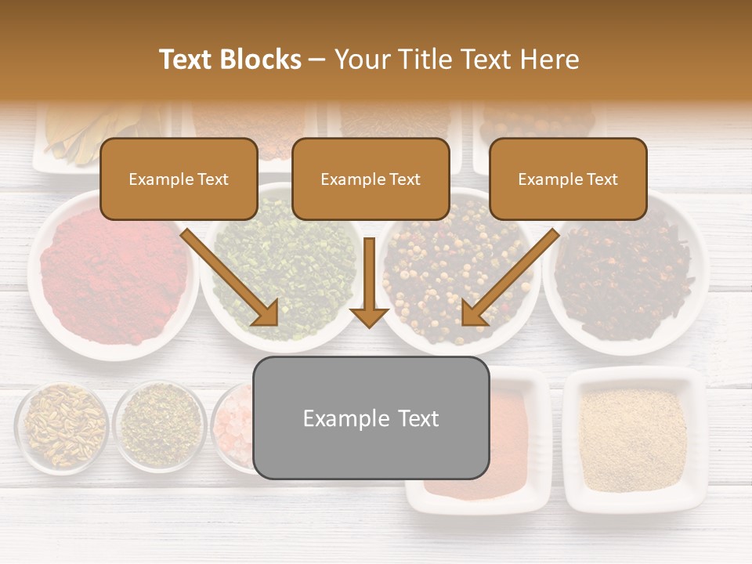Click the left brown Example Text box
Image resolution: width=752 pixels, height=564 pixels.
click(179, 179)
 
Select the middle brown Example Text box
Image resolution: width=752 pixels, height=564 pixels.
click(371, 179)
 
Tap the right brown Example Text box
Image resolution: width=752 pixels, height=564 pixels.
click(568, 179)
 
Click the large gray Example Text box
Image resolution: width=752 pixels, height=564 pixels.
click(371, 418)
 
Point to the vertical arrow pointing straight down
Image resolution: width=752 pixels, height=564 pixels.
click(369, 282)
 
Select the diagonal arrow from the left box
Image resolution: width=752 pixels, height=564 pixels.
click(231, 278)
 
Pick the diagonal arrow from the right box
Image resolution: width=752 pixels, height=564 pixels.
click(509, 278)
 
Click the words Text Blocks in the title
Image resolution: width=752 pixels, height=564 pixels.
click(230, 60)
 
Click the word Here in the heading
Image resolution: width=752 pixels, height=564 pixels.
click(551, 60)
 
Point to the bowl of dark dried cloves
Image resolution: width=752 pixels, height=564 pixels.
click(627, 274)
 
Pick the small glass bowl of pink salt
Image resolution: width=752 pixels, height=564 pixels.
click(235, 427)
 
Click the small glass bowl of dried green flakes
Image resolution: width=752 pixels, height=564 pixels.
click(161, 427)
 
